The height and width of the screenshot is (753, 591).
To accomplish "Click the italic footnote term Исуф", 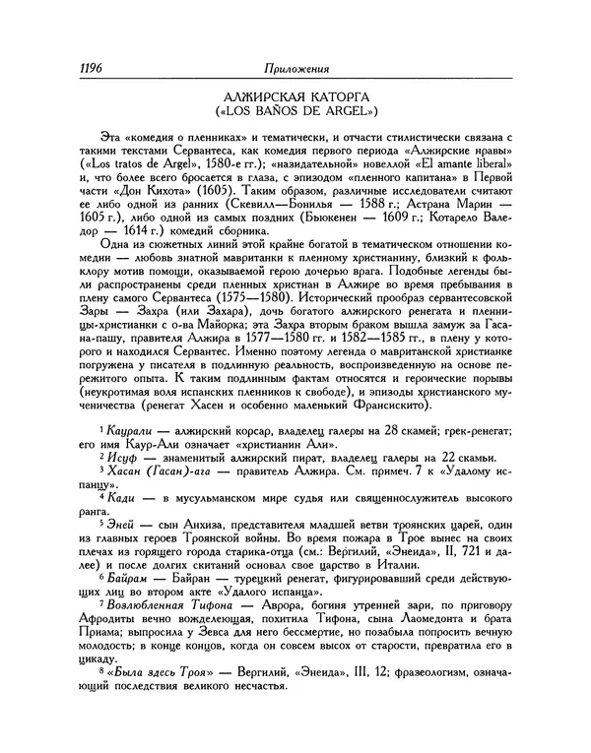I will pyautogui.click(x=128, y=484).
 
